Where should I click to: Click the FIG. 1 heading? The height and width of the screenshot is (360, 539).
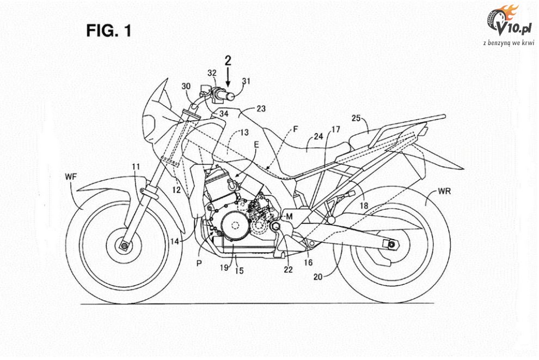tap(109, 31)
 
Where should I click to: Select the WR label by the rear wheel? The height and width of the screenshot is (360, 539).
tap(445, 192)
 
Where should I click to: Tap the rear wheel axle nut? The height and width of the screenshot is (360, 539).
tap(390, 246)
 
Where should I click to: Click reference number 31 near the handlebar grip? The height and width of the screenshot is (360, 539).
tap(247, 82)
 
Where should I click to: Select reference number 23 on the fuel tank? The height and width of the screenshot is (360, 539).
tap(261, 108)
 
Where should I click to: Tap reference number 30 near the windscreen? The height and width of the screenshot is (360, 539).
tap(186, 86)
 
